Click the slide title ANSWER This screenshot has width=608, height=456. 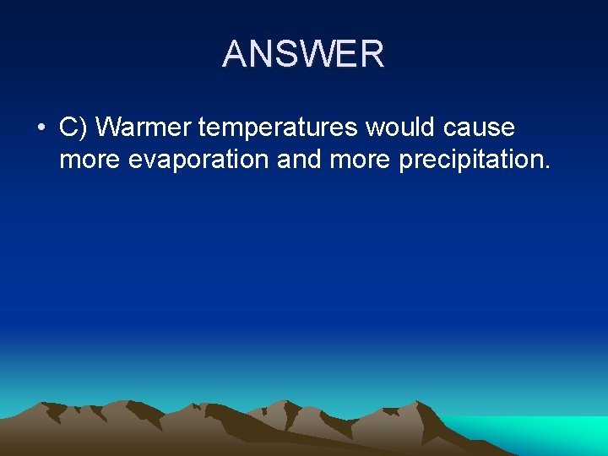tap(303, 55)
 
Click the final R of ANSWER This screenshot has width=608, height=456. tap(372, 55)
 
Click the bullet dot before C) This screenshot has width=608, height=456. tap(41, 128)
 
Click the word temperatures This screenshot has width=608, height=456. tap(280, 128)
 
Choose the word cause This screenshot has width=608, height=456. tap(479, 128)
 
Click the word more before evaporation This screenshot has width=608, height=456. tap(90, 159)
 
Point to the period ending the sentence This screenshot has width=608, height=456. tap(547, 166)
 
